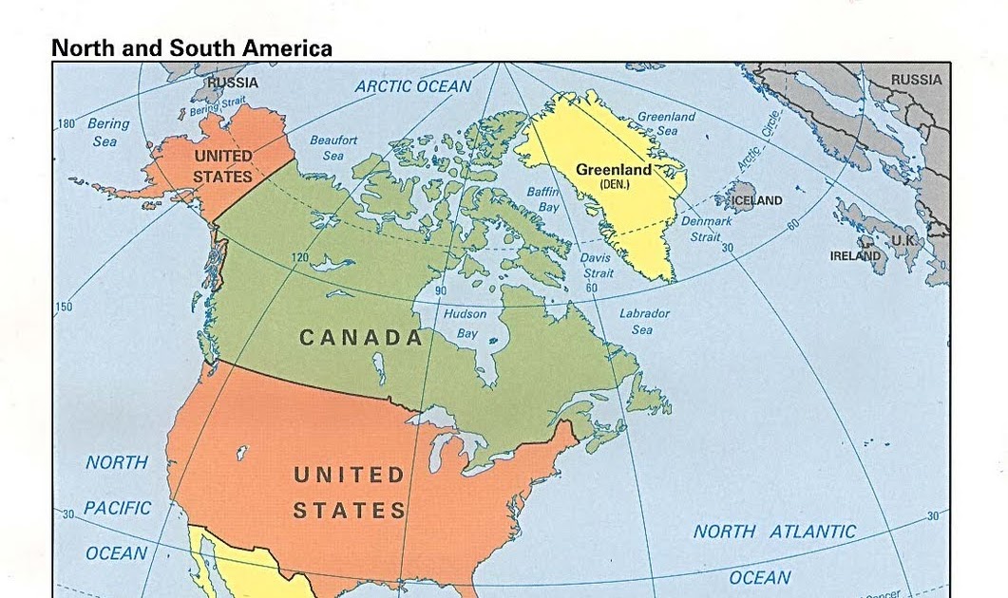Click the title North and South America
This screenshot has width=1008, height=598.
192,47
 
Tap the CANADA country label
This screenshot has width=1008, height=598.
361,337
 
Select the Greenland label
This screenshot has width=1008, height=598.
614,170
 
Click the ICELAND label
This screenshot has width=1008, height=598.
756,200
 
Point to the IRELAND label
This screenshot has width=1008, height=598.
855,255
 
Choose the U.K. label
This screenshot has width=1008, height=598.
903,241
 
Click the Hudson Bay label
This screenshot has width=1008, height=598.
466,324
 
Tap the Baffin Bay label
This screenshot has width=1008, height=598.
543,199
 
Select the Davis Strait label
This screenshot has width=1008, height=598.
597,265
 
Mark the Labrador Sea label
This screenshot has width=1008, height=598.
644,321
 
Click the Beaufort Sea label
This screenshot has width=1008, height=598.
333,147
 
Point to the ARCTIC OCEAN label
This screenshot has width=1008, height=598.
413,86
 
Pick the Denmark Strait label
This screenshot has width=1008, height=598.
706,229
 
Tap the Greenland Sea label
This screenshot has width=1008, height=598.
666,123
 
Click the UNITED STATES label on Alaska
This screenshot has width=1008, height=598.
222,165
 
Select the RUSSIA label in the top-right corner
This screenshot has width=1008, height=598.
916,80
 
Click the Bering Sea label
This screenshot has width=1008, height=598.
107,132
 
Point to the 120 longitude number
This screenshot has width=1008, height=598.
300,258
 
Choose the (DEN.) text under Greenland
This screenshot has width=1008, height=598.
615,183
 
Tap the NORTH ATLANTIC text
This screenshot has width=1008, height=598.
774,532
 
